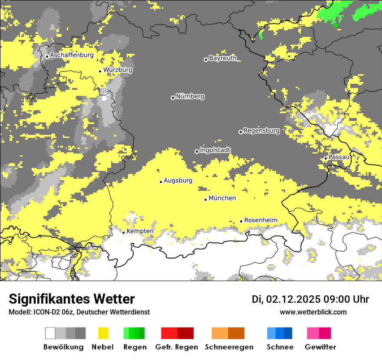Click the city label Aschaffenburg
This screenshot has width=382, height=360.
click(72, 55)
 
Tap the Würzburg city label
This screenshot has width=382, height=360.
click(118, 70)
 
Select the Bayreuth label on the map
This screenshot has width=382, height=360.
click(223, 58)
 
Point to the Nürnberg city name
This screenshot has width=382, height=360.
click(190, 96)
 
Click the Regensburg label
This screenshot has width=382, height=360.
click(261, 130)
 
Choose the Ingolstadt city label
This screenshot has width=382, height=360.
click(215, 150)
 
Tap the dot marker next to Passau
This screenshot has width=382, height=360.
click(326, 158)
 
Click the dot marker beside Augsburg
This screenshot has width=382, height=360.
click(161, 182)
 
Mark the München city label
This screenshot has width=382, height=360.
click(222, 198)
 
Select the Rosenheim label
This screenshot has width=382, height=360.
click(260, 220)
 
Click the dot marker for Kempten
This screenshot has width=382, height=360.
click(123, 232)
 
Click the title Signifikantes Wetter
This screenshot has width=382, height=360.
click(72, 299)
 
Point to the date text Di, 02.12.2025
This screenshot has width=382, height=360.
click(286, 299)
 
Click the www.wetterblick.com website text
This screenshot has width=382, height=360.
click(313, 312)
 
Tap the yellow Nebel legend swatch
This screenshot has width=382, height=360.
click(103, 333)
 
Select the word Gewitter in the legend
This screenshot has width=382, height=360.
click(320, 347)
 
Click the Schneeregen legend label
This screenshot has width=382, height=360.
click(229, 347)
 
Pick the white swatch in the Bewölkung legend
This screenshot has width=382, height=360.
click(50, 333)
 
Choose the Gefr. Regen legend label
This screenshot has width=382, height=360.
click(176, 347)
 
